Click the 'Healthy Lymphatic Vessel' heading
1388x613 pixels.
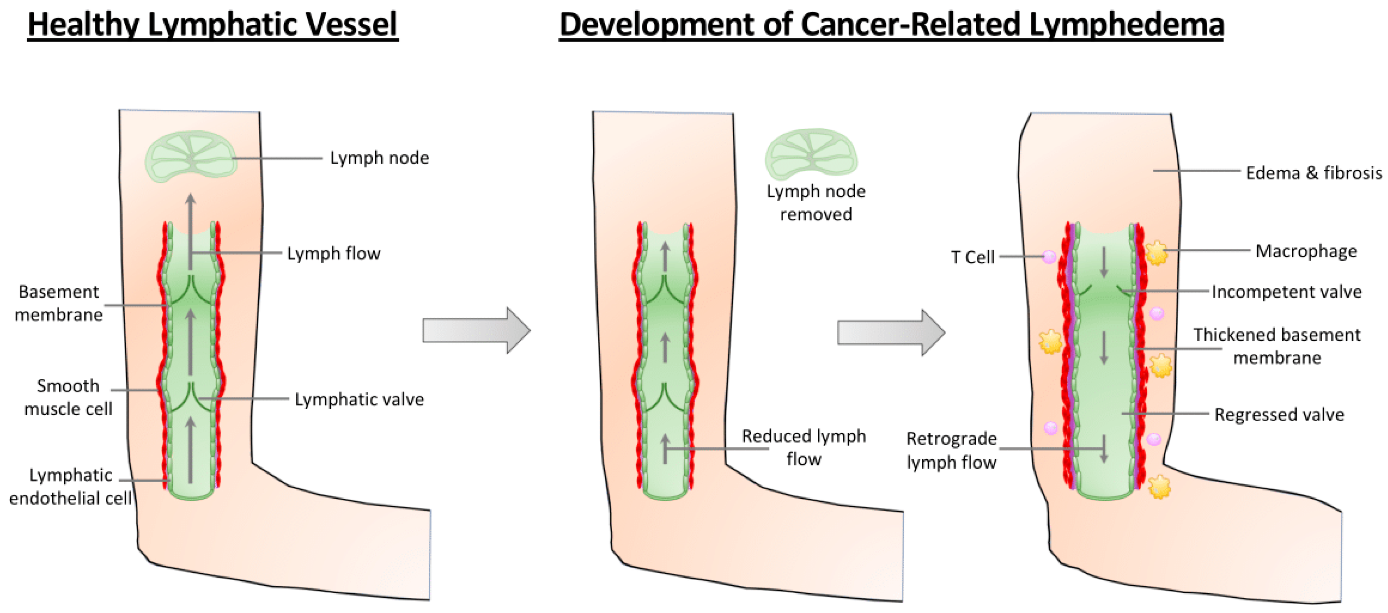click(212, 24)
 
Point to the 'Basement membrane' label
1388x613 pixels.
click(58, 303)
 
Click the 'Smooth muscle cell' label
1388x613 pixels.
click(68, 397)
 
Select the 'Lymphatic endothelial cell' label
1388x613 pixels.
click(70, 486)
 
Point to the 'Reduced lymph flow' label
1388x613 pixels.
click(803, 447)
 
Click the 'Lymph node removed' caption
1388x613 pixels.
click(816, 203)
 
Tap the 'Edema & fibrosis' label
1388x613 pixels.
click(1314, 173)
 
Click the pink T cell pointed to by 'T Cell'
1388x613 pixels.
click(1049, 257)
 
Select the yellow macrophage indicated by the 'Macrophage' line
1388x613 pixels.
click(1155, 252)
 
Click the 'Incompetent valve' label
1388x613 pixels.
click(1286, 291)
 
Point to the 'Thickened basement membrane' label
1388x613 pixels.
click(1277, 346)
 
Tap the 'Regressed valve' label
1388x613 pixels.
click(1279, 414)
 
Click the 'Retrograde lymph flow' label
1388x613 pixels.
click(951, 450)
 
